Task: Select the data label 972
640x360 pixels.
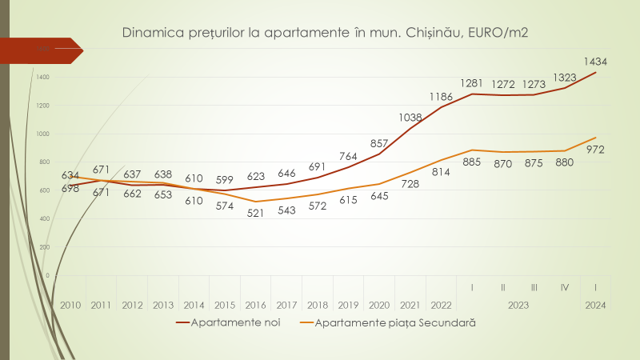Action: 595,150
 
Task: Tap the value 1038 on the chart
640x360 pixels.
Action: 410,118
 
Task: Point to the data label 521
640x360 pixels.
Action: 256,214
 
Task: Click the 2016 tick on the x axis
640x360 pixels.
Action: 256,305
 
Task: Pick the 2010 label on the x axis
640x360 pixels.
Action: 70,305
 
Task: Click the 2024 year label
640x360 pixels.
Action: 595,305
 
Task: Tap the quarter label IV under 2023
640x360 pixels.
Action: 565,287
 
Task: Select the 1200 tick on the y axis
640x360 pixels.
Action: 42,105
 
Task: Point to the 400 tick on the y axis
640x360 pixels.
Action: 42,218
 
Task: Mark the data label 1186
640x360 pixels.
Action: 441,97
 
